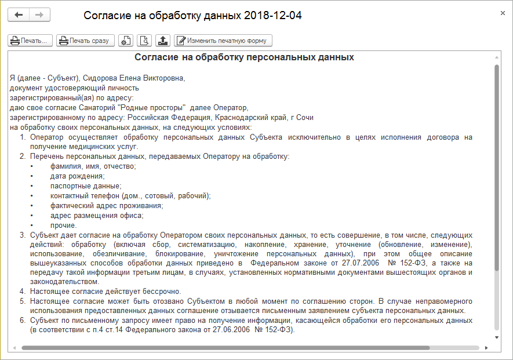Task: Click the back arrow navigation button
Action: pyautogui.click(x=18, y=15)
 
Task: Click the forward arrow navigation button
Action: pyautogui.click(x=39, y=15)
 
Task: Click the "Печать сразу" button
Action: pyautogui.click(x=85, y=41)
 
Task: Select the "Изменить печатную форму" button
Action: pyautogui.click(x=223, y=41)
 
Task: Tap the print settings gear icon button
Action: pyautogui.click(x=125, y=41)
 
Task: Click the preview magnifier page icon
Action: pyautogui.click(x=144, y=41)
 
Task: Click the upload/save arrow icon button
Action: pyautogui.click(x=163, y=41)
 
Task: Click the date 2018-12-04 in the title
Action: pyautogui.click(x=272, y=16)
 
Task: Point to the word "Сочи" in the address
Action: pyautogui.click(x=305, y=117)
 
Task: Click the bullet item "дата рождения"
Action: pyautogui.click(x=77, y=176)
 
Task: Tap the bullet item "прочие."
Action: pyautogui.click(x=63, y=225)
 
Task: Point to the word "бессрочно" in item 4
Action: pyautogui.click(x=163, y=291)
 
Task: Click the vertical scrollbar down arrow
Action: pyautogui.click(x=496, y=337)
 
